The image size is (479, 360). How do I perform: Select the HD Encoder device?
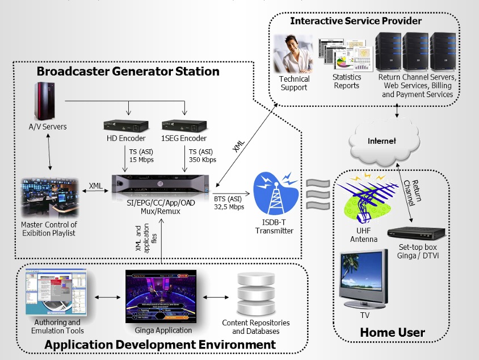[126, 125]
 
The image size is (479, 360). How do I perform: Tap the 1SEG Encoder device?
[183, 125]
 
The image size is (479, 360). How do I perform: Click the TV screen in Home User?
[364, 277]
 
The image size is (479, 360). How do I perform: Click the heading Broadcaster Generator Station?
[128, 72]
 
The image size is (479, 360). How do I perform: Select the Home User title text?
[392, 333]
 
